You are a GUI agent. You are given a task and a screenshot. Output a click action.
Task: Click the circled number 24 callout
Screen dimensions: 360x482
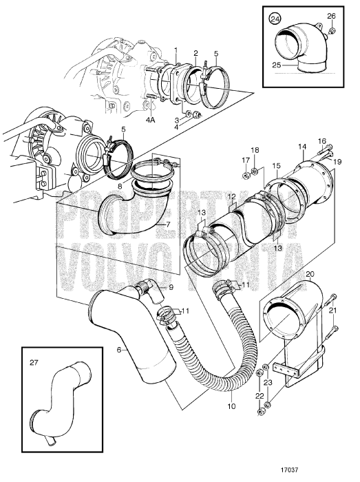(275, 19)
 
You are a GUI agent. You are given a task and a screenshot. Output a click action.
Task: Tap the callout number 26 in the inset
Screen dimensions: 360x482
(331, 16)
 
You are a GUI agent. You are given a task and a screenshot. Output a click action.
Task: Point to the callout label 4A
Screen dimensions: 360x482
(150, 120)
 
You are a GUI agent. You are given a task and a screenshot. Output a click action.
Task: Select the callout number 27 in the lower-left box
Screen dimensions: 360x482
(34, 363)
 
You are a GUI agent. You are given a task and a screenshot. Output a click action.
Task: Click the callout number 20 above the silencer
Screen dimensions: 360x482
(309, 273)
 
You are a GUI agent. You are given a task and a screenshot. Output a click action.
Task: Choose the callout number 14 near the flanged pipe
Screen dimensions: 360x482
(302, 147)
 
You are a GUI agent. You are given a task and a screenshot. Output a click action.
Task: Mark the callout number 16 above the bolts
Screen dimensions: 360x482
(322, 141)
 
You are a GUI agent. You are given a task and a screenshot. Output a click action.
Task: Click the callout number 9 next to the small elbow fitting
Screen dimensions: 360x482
(171, 288)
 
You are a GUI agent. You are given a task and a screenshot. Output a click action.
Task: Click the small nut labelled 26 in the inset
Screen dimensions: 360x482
(331, 31)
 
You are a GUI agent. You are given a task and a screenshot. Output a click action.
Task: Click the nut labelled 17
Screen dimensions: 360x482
(246, 176)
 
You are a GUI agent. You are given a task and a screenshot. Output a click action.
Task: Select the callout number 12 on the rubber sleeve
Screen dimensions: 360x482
(231, 196)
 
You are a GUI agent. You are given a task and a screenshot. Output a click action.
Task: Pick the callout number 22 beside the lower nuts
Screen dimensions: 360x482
(260, 396)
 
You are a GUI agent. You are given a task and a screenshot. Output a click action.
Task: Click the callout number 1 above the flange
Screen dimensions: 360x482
(176, 50)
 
